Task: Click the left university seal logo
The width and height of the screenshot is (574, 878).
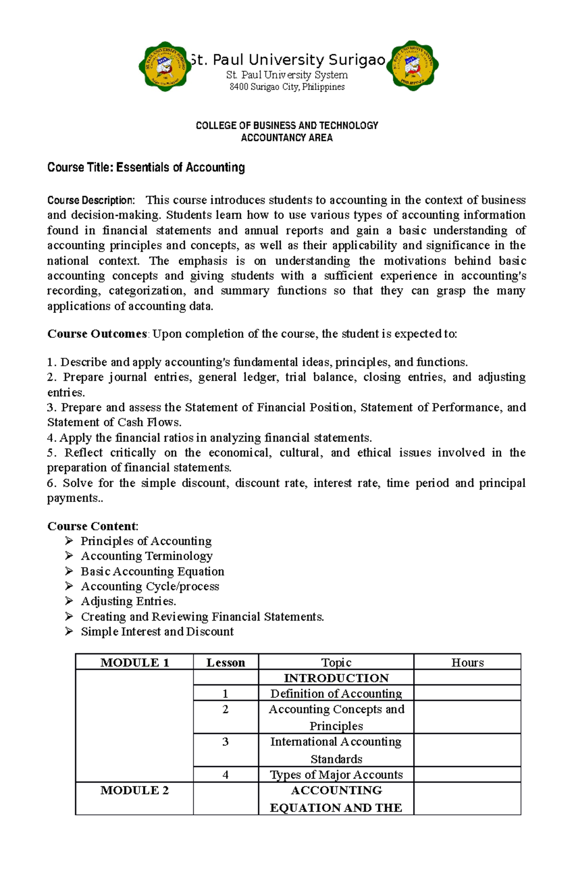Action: click(163, 66)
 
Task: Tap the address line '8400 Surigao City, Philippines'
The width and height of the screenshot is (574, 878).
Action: click(287, 87)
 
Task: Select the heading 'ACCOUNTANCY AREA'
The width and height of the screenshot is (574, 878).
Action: click(287, 138)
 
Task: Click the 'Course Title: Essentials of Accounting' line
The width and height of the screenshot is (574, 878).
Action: click(146, 167)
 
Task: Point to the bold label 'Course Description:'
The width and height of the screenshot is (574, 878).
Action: click(91, 200)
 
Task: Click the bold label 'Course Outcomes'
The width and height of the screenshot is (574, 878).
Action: click(97, 334)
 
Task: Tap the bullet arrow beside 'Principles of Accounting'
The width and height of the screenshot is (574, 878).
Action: click(69, 541)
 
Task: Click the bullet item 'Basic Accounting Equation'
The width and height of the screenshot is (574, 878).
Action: click(152, 571)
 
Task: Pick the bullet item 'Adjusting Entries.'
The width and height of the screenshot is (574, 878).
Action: click(128, 601)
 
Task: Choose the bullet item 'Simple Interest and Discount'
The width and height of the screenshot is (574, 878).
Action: click(157, 632)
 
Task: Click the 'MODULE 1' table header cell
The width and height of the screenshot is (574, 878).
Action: click(134, 663)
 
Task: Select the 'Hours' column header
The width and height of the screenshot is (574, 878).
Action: click(467, 663)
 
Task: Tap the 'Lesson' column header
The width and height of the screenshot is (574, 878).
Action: click(225, 663)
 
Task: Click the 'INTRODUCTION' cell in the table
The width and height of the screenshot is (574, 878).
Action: click(336, 678)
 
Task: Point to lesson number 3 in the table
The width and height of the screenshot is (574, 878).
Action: click(225, 742)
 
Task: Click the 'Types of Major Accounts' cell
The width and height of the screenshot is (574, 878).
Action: click(336, 775)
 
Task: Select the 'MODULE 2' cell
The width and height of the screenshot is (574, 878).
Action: click(134, 790)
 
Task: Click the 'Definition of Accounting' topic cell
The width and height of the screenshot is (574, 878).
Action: click(336, 694)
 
